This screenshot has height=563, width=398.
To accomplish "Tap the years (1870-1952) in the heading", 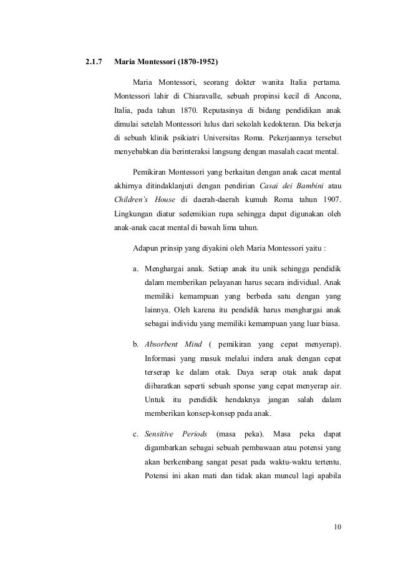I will click(x=198, y=63).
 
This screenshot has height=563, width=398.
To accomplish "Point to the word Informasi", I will click(x=162, y=358).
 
